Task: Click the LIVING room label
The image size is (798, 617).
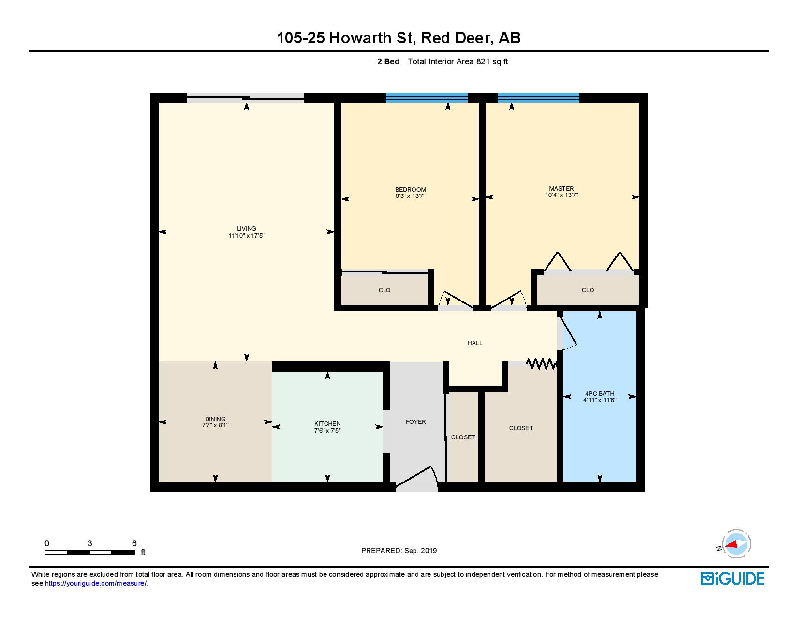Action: point(246,228)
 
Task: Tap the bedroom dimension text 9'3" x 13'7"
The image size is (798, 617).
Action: point(410,196)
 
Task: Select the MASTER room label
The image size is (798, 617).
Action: point(561,188)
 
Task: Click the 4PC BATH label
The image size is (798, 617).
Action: point(599,393)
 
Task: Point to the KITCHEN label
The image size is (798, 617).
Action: point(327,423)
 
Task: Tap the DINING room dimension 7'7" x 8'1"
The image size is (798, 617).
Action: point(215,425)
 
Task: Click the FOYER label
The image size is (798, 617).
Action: point(415,421)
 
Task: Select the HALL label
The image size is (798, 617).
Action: point(474,343)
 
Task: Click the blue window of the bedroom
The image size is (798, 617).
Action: point(426,97)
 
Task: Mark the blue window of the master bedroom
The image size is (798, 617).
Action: point(538,97)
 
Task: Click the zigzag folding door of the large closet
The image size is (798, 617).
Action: point(542,363)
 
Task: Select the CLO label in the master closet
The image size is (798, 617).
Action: point(588,290)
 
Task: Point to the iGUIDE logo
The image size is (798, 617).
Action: point(732,578)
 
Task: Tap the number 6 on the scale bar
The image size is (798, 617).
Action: point(134,543)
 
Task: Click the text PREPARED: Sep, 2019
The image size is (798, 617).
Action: point(399,550)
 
